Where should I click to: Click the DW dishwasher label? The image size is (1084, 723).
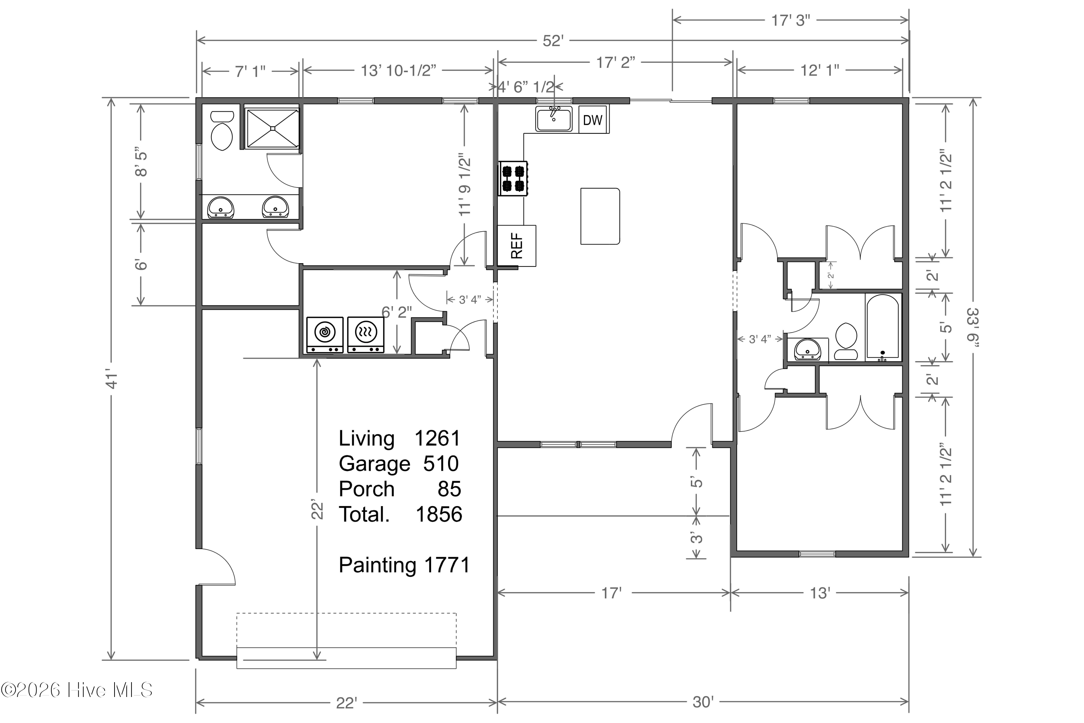(x=592, y=120)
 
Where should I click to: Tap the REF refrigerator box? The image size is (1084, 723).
(x=517, y=245)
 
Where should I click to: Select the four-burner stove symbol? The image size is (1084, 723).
(x=513, y=179)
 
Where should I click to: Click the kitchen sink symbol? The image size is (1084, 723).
(x=554, y=119)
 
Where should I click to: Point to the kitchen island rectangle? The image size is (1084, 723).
(x=600, y=216)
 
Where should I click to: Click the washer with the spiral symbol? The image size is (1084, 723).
(x=325, y=335)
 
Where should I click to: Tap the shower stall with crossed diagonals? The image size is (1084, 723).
(x=272, y=128)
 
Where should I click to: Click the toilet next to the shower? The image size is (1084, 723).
(x=221, y=131)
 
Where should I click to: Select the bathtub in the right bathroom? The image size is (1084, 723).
(x=883, y=326)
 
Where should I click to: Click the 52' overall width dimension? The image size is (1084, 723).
(x=553, y=41)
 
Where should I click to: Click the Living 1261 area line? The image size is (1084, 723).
(x=400, y=438)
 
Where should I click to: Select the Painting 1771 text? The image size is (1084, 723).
(x=404, y=565)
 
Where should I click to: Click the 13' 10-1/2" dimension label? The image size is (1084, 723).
(x=398, y=70)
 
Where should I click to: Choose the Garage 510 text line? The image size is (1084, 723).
(x=399, y=463)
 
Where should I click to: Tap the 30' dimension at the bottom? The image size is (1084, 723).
(x=703, y=702)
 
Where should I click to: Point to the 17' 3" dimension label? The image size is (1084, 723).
(x=791, y=20)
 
